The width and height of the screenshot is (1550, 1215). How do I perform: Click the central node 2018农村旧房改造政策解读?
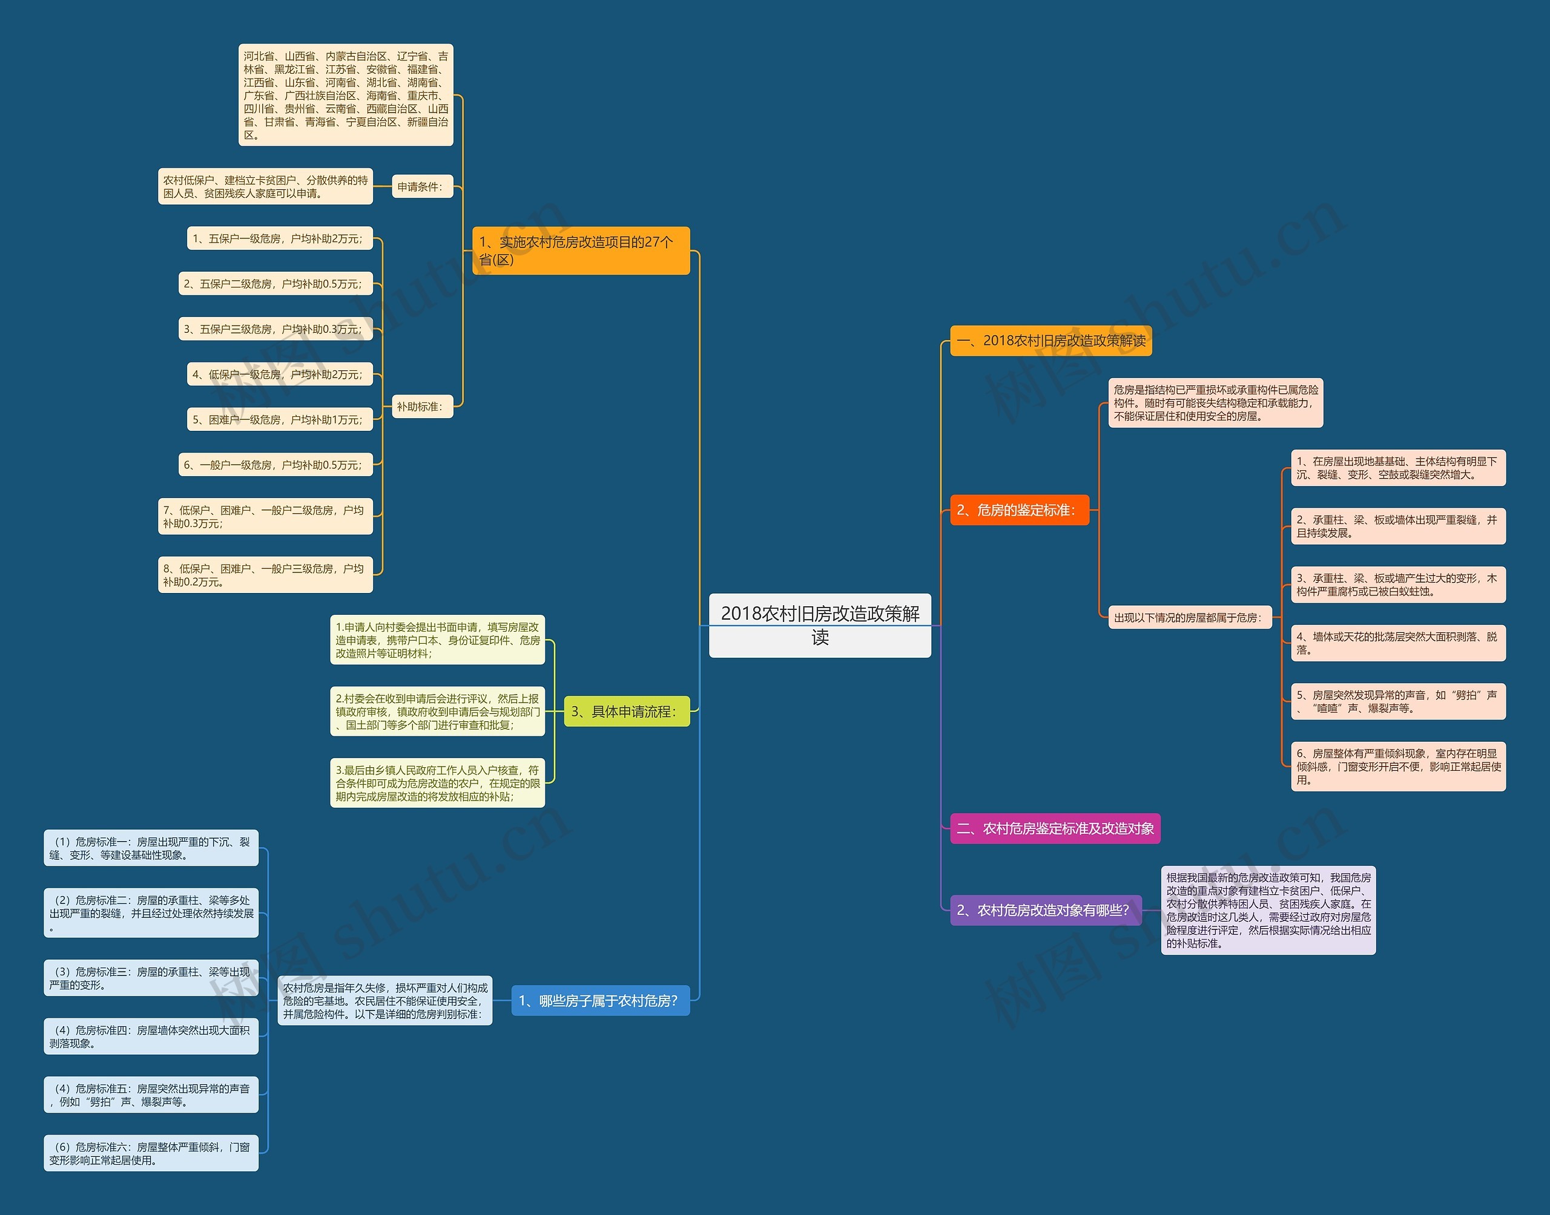tap(820, 624)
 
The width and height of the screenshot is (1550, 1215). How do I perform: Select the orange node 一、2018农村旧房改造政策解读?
tap(1050, 341)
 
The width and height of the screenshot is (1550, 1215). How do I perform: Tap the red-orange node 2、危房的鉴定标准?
tap(1019, 510)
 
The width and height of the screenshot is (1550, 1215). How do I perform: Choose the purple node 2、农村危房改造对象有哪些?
tap(1044, 910)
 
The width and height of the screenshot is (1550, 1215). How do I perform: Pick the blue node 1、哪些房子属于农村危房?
tap(600, 1001)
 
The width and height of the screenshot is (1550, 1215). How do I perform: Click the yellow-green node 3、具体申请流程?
tap(626, 712)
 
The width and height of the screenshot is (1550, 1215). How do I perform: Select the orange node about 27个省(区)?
tap(581, 251)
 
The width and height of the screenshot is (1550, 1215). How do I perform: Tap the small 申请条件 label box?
tap(422, 186)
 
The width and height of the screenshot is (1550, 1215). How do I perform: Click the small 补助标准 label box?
tap(422, 406)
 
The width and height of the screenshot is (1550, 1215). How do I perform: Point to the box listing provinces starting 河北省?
tap(346, 96)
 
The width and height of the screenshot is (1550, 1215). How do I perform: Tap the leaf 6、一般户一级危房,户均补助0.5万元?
tap(275, 465)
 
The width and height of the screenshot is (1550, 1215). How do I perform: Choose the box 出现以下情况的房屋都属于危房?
tap(1189, 617)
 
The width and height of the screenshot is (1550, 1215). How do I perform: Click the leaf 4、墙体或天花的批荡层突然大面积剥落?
tap(1397, 643)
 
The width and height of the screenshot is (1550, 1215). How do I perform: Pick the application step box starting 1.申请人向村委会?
tap(437, 640)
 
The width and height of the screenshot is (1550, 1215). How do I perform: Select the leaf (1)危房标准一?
tap(151, 848)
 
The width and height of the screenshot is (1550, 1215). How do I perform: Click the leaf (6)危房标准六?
tap(151, 1153)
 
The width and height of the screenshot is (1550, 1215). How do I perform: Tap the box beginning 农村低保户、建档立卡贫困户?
tap(265, 186)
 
